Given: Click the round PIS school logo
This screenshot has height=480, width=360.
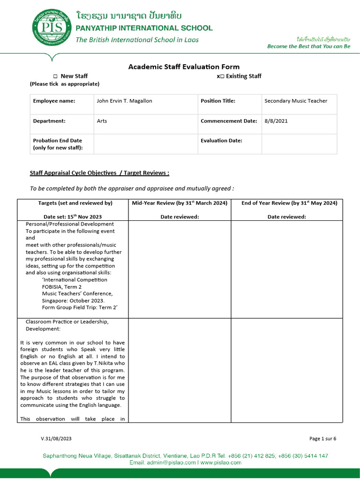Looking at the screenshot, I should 52,28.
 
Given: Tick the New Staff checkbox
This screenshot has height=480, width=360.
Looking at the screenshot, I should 55,76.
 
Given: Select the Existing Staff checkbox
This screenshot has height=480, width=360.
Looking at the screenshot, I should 222,76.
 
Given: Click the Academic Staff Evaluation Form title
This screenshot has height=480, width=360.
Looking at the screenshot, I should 184,67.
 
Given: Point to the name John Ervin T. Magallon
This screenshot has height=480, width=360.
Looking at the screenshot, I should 124,101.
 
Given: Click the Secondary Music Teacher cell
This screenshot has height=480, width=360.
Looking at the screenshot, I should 296,101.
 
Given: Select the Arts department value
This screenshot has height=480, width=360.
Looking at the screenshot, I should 102,121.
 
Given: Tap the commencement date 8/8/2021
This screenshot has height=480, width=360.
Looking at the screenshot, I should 276,121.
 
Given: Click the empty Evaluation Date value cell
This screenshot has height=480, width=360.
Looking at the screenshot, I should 299,144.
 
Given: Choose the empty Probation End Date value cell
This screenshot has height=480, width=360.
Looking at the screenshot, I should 145,144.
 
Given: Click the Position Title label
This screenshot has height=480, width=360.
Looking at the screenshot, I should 218,101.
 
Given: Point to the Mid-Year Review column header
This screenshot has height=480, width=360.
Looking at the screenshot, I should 180,203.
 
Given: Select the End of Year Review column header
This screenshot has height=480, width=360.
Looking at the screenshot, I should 289,203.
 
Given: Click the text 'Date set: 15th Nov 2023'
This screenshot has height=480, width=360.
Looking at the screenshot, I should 73,217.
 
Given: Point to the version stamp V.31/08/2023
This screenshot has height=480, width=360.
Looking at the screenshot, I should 56,439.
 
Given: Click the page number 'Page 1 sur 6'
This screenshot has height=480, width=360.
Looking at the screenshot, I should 322,439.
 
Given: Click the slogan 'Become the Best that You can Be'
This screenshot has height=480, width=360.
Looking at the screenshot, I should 308,46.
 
